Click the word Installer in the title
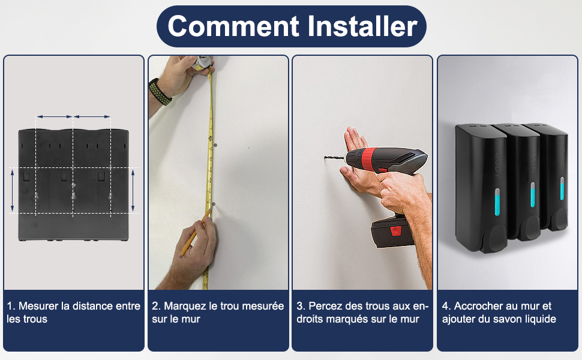click(x=362, y=26)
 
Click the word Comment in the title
click(x=233, y=26)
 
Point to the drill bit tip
click(x=325, y=158)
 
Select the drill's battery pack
click(x=392, y=232)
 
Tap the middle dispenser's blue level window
click(x=533, y=194)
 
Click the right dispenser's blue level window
click(x=562, y=188)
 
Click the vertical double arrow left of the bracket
click(x=12, y=190)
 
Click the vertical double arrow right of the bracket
click(x=133, y=190)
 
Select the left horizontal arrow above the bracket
click(x=54, y=116)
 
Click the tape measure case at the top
click(x=202, y=62)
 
